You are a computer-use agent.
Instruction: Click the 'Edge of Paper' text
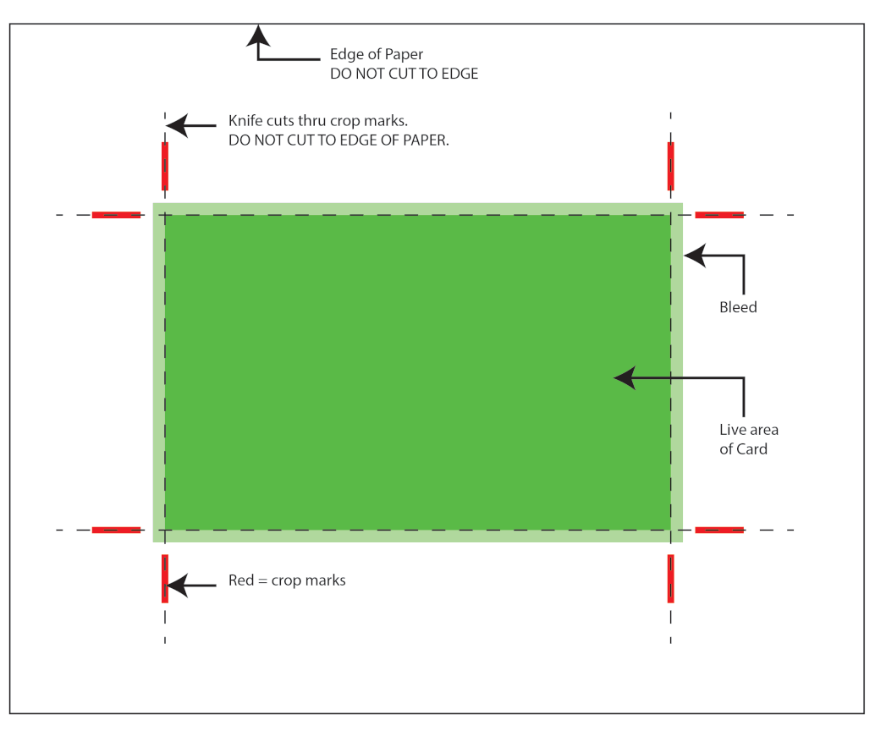pos(376,55)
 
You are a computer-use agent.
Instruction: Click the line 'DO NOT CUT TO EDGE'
pos(404,74)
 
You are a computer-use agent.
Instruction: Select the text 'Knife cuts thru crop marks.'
pos(318,121)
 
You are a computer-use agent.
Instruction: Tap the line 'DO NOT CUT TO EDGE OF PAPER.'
pos(338,140)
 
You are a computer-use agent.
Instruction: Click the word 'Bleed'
pos(738,307)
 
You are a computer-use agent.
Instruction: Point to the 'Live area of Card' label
pos(748,439)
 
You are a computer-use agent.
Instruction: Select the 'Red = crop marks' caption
pos(287,580)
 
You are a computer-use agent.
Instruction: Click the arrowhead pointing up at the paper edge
pos(258,36)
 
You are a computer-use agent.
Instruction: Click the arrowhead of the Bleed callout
pos(696,256)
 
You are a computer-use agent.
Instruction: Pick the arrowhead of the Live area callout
pos(625,378)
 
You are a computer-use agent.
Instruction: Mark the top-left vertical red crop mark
pos(165,166)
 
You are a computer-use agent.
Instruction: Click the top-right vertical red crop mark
pos(671,166)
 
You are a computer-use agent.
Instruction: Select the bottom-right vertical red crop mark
pos(671,579)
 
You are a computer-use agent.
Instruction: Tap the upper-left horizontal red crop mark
pos(116,215)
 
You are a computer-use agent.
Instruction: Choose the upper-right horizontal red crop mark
pos(719,215)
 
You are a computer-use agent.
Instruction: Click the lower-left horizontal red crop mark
pos(116,530)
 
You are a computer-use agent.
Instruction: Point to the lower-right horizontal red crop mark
pos(719,530)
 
